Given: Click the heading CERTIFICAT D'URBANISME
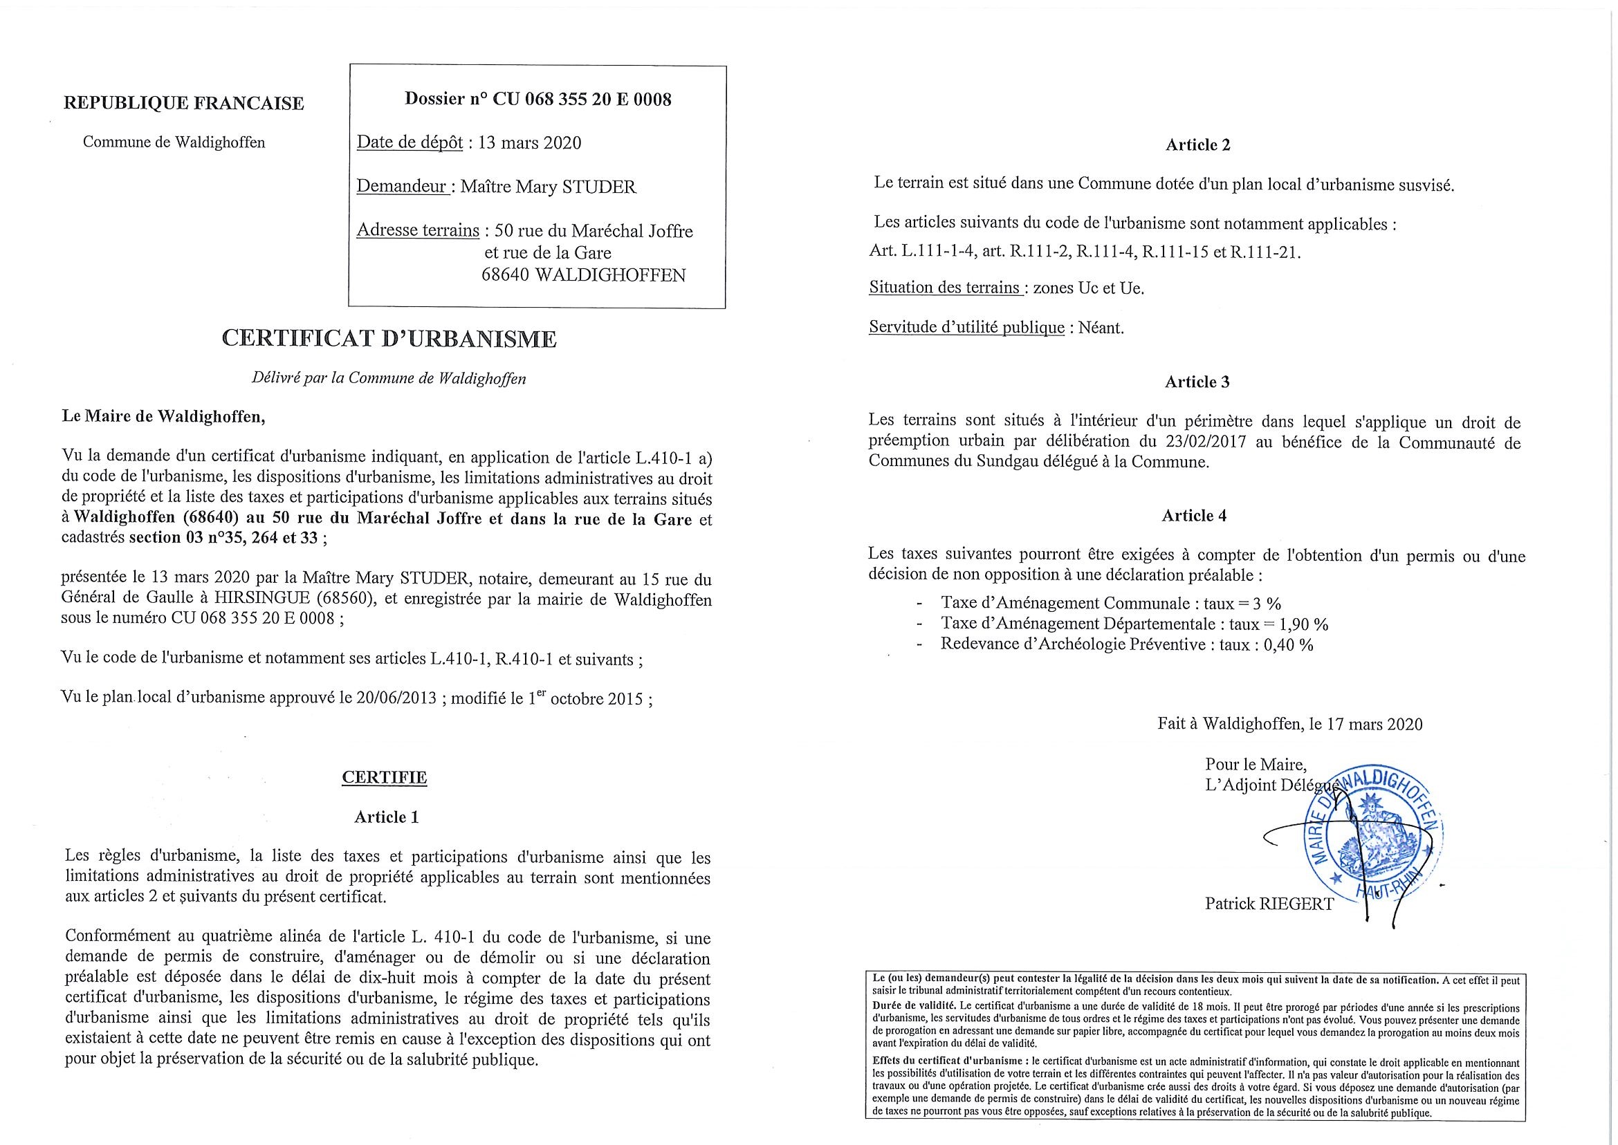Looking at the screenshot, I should (x=389, y=339).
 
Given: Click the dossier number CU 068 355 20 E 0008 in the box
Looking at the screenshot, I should (x=581, y=100).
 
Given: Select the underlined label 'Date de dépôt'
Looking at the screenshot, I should (x=410, y=142).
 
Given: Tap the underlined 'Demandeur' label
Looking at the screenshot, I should (x=403, y=187).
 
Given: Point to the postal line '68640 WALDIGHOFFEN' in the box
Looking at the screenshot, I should (x=582, y=275).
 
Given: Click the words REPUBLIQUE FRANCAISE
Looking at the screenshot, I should (x=184, y=104).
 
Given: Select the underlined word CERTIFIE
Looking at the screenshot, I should (x=385, y=777).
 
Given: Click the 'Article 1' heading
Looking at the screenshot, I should (x=386, y=817).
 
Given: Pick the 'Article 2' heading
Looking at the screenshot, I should (x=1197, y=145).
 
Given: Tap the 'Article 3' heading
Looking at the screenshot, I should (x=1197, y=382).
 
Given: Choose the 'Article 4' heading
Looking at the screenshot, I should (x=1194, y=516).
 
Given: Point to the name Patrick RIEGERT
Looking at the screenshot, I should (x=1269, y=903).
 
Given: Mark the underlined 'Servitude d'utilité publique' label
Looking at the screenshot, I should (x=966, y=328).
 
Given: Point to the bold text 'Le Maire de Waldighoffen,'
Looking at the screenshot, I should (x=165, y=417).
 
